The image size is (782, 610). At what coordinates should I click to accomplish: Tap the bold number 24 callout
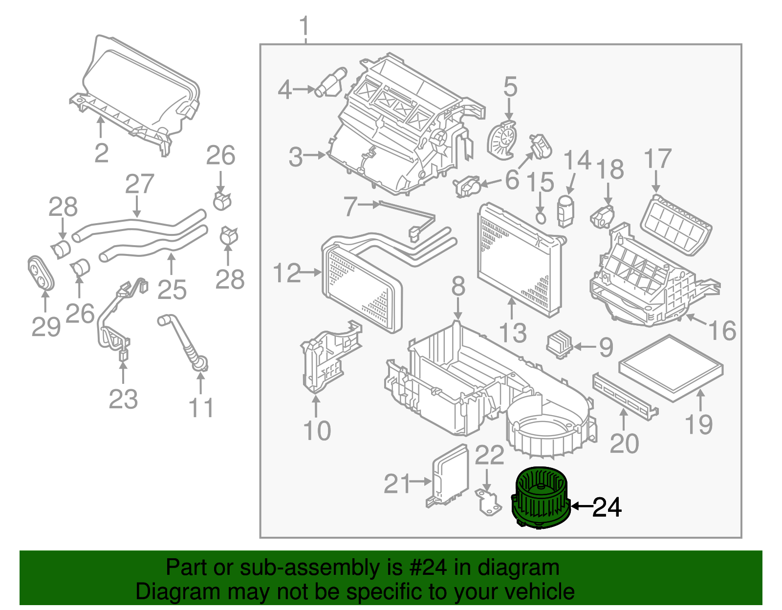[607, 507]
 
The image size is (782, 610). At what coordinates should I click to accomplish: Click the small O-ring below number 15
[541, 217]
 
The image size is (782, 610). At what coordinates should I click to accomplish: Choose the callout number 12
[287, 273]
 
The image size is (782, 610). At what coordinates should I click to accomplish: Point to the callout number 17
[657, 160]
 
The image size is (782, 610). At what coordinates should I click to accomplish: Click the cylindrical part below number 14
[565, 211]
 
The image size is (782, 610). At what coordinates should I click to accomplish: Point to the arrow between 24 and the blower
[582, 506]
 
